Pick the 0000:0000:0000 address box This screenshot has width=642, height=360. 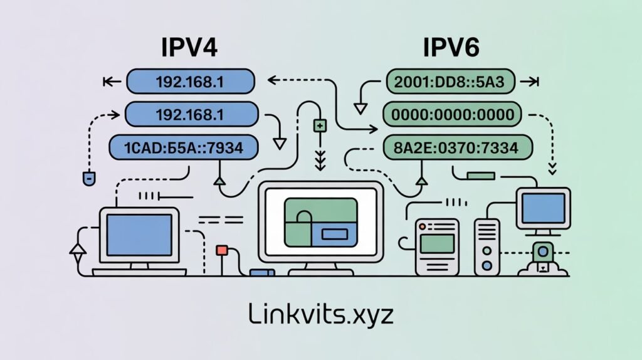pyautogui.click(x=451, y=115)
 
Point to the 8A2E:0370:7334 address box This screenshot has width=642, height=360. pyautogui.click(x=457, y=148)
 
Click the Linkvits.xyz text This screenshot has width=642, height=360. pyautogui.click(x=320, y=314)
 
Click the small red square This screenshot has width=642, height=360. pyautogui.click(x=221, y=250)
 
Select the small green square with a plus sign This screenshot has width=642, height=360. pyautogui.click(x=320, y=126)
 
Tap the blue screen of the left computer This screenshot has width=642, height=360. pyautogui.click(x=139, y=233)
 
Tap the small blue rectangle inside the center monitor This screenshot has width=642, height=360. pyautogui.click(x=334, y=235)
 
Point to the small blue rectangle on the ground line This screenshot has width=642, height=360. pyautogui.click(x=262, y=273)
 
